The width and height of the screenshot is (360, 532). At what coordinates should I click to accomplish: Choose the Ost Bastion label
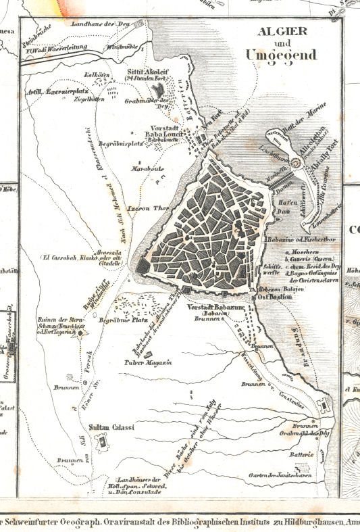coord(275,296)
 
